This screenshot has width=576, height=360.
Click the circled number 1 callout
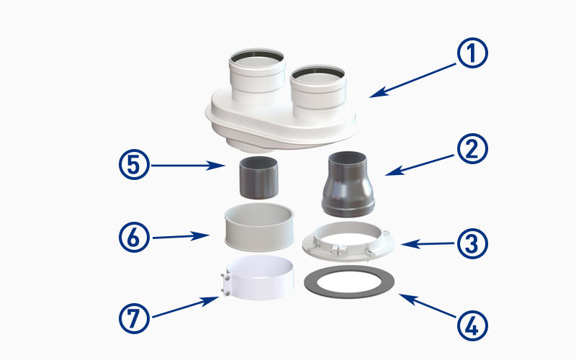[x=472, y=53]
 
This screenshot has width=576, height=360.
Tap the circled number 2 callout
[x=472, y=148]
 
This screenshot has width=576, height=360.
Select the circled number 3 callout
[x=472, y=243]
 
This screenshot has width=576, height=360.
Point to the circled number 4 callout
[x=472, y=325]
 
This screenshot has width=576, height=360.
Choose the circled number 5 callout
[x=134, y=165]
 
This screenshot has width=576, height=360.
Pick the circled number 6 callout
[x=134, y=237]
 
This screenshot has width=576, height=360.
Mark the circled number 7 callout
[x=134, y=318]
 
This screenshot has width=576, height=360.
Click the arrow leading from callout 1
[x=412, y=81]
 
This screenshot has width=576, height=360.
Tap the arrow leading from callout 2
[x=420, y=165]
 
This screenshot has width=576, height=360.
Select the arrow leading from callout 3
[x=428, y=243]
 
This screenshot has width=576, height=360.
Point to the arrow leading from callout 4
[x=427, y=305]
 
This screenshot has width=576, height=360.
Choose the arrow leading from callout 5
[x=188, y=166]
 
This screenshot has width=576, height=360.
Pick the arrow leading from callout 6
[x=181, y=237]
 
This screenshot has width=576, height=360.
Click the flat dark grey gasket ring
[x=349, y=292]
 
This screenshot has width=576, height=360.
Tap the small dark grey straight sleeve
[x=258, y=178]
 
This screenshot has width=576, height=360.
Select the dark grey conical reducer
[x=348, y=184]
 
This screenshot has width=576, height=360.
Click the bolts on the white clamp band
[x=226, y=284]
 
